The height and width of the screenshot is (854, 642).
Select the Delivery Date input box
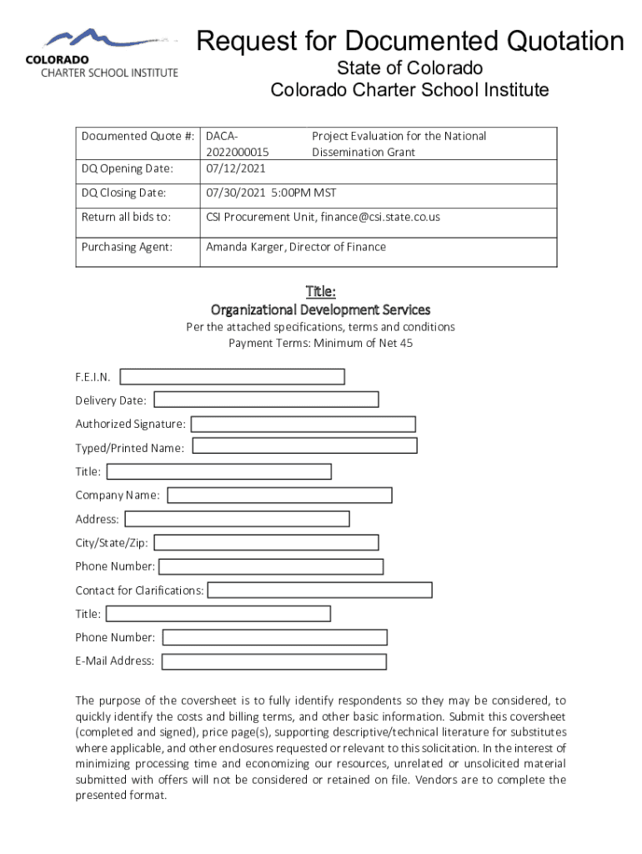(266, 400)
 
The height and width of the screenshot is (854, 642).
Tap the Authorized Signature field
(303, 424)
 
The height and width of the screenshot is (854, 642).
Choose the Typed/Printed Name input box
(304, 445)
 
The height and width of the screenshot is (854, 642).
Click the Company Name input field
(280, 495)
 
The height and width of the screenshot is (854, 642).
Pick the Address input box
(237, 519)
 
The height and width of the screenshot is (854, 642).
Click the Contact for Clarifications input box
(319, 590)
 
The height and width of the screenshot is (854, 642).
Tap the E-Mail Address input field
(273, 661)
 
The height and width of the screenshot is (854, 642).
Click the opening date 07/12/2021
(236, 168)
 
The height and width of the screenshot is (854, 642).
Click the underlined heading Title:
(320, 291)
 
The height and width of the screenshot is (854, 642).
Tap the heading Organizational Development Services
(320, 309)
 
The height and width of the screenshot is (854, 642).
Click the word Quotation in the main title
(553, 41)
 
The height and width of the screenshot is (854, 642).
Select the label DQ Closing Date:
(123, 193)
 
